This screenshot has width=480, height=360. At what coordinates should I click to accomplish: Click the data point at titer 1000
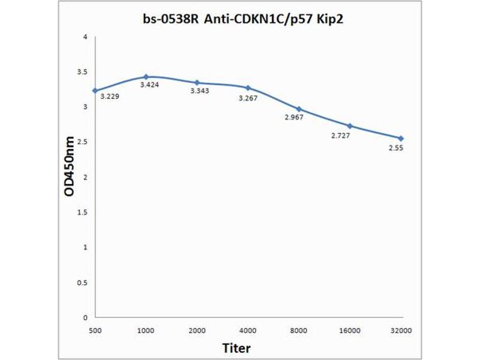point(146,77)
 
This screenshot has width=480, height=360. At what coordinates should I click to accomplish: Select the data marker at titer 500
point(95,91)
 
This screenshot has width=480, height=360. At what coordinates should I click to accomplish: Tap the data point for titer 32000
point(401,138)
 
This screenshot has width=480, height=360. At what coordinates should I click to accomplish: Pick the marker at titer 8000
point(299,109)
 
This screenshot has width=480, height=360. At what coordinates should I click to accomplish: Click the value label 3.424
point(149,85)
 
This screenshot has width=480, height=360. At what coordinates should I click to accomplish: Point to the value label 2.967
point(294,117)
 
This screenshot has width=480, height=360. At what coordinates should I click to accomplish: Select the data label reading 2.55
point(395,148)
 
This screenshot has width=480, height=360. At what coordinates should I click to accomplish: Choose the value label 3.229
point(109,96)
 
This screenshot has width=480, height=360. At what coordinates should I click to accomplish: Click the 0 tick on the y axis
point(85,317)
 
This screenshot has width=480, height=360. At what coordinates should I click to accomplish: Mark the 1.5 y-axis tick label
point(82,212)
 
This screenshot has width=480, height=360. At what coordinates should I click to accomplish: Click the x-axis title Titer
point(236,348)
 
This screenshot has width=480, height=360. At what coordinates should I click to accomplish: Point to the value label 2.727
point(340,136)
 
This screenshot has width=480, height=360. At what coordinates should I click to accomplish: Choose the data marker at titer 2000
point(197,82)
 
